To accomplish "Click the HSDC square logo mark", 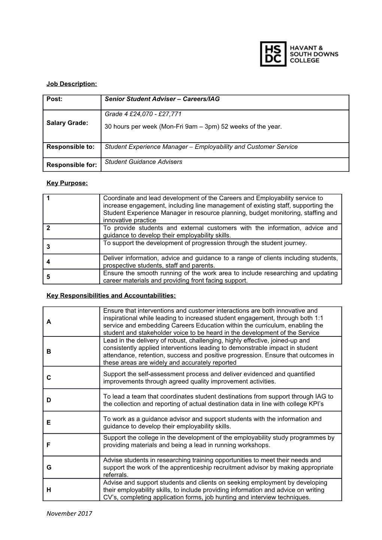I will (273, 54).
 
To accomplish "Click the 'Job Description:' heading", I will (72, 84).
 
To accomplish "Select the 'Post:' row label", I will (54, 99).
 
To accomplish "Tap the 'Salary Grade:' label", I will (67, 123).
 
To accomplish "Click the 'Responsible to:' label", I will (70, 147).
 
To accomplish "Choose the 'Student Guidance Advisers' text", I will (143, 162).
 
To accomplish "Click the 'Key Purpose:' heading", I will (67, 183).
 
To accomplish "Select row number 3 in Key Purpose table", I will (48, 247).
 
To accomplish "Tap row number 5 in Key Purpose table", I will (48, 277).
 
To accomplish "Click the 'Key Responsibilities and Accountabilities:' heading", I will (111, 296).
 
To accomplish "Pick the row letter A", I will (49, 322).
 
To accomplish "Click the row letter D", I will (49, 400).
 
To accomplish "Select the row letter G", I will (49, 467).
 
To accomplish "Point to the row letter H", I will (49, 490).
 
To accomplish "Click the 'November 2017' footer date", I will (69, 513).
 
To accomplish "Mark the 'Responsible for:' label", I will (72, 165).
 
